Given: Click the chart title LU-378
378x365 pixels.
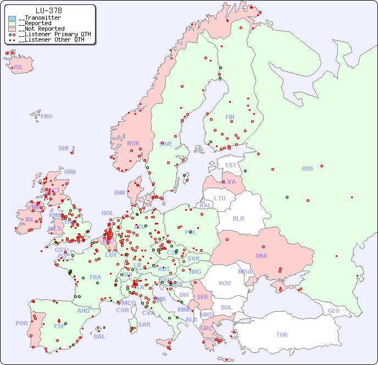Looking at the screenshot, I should (x=48, y=10).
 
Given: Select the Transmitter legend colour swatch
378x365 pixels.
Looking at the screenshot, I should (x=12, y=18).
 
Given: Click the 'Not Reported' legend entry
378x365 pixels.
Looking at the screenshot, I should (x=41, y=29).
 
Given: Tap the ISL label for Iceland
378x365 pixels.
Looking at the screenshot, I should (x=19, y=68).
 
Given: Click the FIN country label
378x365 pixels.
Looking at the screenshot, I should (x=230, y=117).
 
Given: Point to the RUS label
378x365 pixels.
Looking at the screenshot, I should (x=307, y=169).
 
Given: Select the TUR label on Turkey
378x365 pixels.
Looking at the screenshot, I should (x=282, y=335).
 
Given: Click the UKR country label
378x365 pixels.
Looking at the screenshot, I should (x=261, y=256).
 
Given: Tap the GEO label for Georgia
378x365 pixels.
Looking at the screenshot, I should (x=333, y=311).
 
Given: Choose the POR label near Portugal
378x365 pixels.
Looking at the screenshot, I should (x=21, y=323).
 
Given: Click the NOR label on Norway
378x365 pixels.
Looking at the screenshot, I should (x=133, y=143).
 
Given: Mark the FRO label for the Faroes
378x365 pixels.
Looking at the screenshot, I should (x=47, y=116).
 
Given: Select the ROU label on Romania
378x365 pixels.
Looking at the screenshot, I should (x=225, y=283).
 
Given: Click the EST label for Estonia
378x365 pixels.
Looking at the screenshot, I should (x=231, y=165).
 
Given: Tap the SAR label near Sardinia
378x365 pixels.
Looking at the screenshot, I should (x=144, y=324).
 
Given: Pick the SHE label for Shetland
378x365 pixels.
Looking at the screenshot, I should (x=64, y=148).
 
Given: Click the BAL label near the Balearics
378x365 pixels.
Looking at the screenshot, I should (x=99, y=336).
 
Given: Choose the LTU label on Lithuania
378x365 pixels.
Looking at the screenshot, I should (x=220, y=198).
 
